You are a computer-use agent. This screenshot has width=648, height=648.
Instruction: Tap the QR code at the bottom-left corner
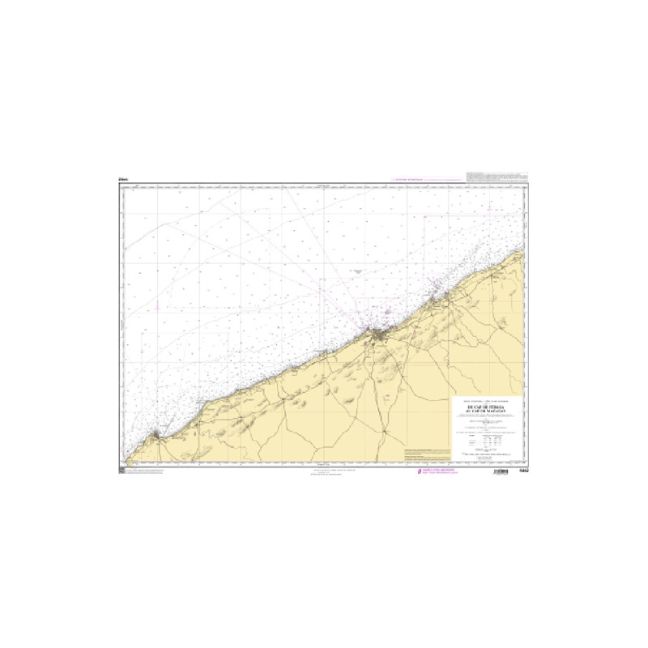pos(121,471)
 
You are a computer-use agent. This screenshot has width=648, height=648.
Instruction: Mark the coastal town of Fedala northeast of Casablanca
pos(438,301)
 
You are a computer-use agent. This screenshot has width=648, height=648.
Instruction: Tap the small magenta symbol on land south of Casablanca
pos(387,396)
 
